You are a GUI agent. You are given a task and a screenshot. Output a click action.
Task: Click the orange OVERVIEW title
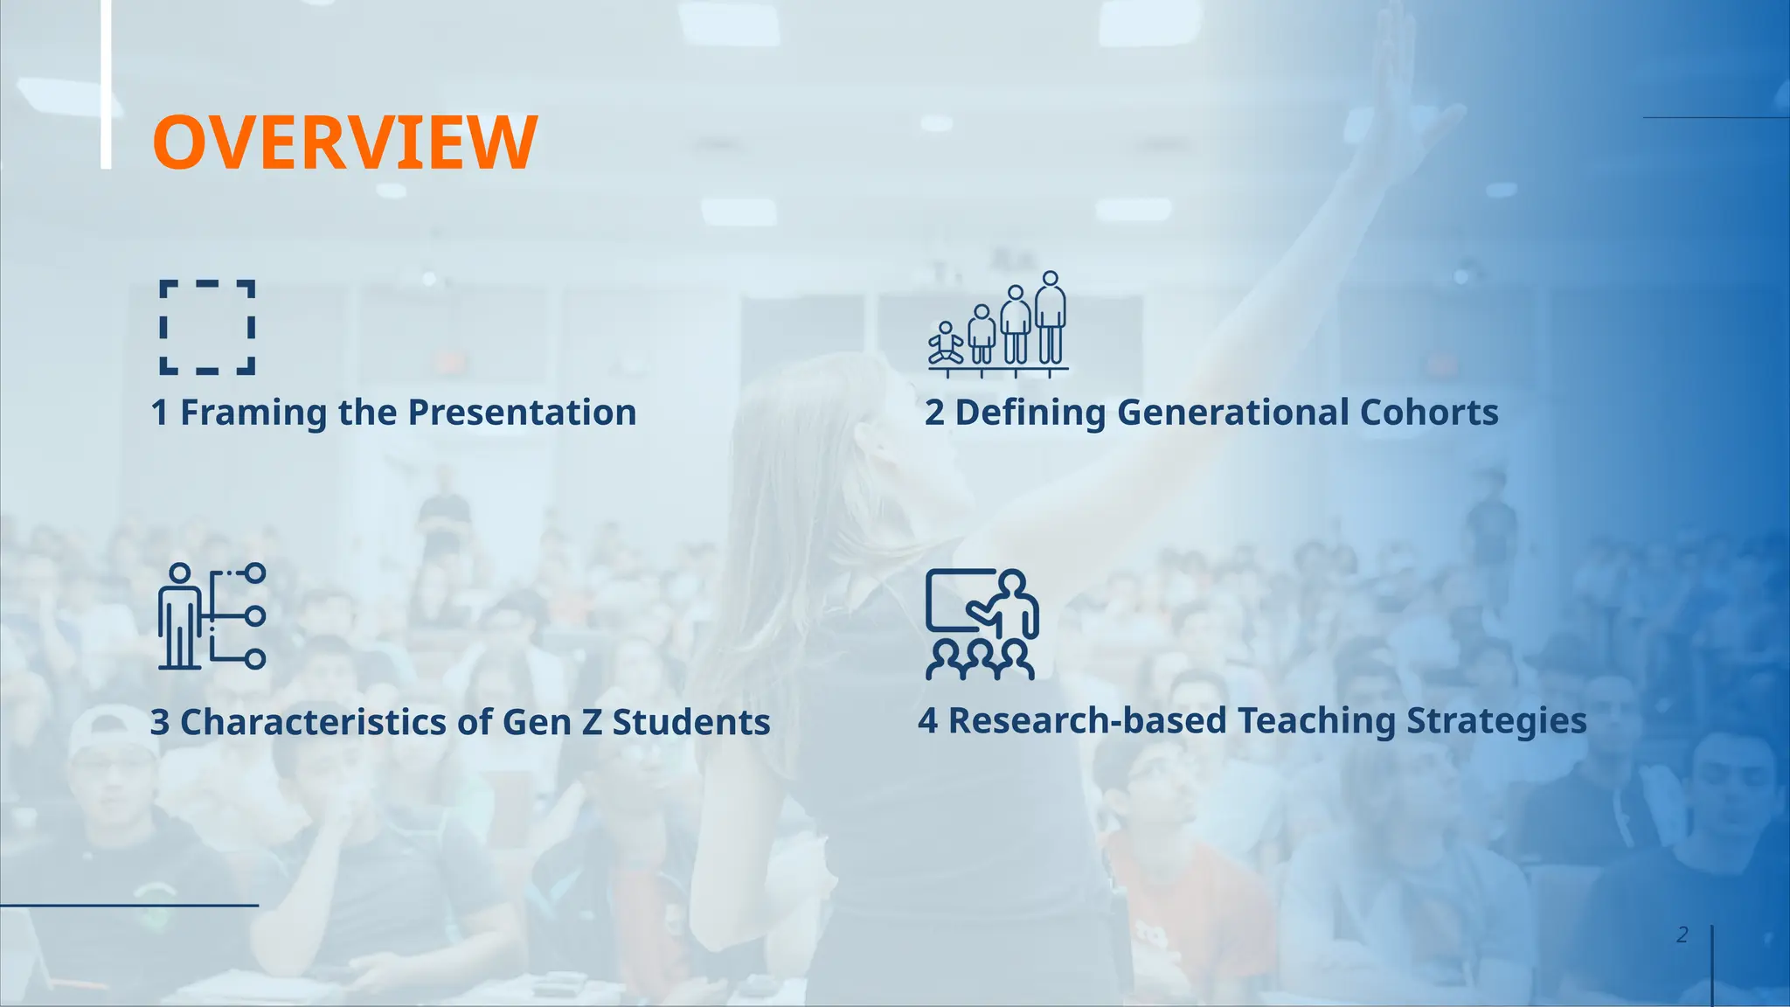[344, 142]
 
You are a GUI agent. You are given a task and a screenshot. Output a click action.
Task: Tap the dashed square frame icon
[207, 327]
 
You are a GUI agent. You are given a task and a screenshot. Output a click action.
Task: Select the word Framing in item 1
[253, 413]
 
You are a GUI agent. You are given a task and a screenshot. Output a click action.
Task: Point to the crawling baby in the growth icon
[946, 344]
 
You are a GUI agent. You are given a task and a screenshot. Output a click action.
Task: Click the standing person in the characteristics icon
[179, 618]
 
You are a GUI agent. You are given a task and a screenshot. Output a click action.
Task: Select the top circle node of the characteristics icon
[255, 573]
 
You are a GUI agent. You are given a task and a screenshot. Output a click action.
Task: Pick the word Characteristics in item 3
[312, 723]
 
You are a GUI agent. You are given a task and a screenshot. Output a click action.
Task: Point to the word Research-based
[1087, 721]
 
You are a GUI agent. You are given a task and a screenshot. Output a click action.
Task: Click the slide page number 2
[1682, 935]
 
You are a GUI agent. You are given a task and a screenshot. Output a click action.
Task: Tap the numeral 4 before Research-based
[927, 721]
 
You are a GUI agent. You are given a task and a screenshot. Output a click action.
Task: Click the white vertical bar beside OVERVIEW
[106, 84]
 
